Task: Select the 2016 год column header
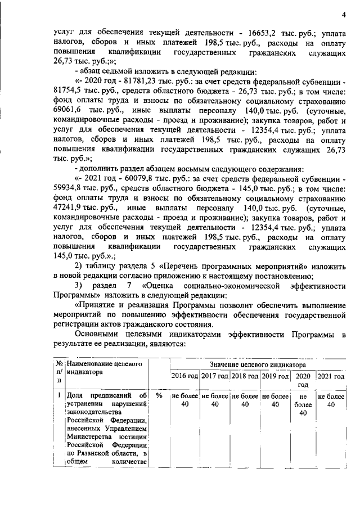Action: point(184,376)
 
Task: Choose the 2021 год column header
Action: point(332,376)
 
